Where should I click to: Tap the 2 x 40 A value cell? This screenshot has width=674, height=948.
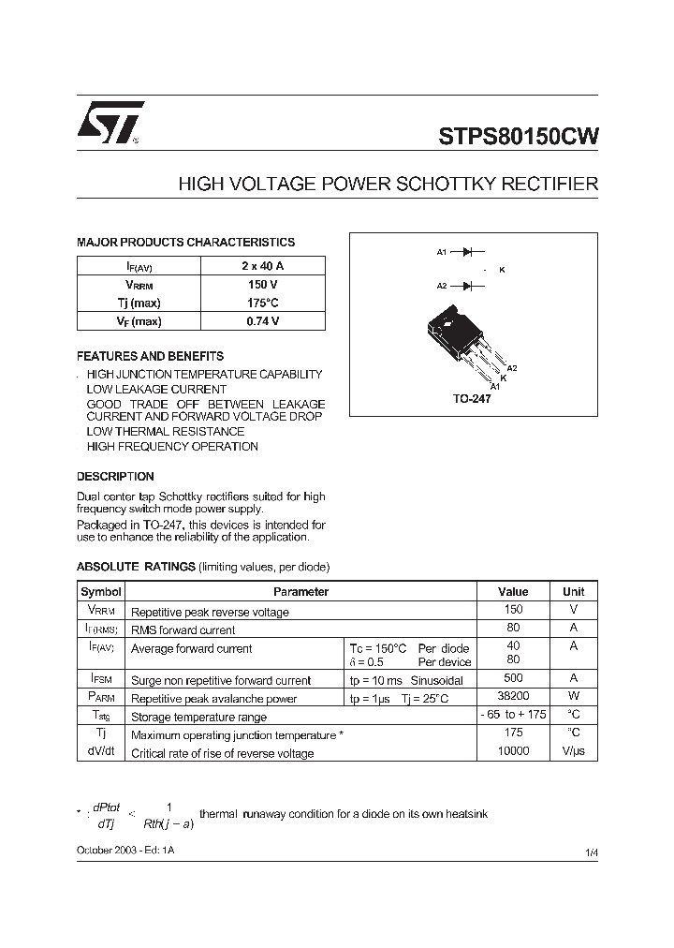tap(262, 266)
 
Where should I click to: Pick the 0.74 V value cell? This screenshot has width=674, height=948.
tap(262, 321)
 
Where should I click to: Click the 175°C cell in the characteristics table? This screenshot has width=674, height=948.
tap(262, 303)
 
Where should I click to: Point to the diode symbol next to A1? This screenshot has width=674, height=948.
tap(468, 251)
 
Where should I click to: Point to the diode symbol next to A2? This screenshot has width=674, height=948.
tap(468, 285)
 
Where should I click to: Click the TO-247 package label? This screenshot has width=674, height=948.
tap(473, 398)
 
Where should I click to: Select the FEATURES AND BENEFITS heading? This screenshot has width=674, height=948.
tap(150, 357)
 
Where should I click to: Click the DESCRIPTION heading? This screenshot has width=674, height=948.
tap(115, 476)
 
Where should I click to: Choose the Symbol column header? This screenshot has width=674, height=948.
tap(101, 592)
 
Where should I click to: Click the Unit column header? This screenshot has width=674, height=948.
tap(573, 592)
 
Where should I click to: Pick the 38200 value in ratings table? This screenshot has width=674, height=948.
tap(513, 697)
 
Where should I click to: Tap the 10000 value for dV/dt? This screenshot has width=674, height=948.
tap(513, 752)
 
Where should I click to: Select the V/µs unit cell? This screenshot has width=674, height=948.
tap(573, 752)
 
